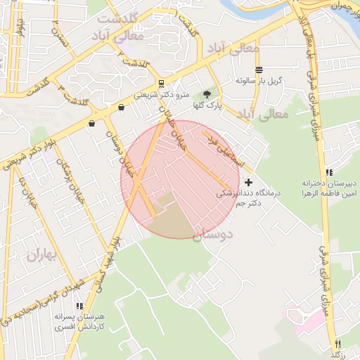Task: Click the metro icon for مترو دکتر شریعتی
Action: coord(162,84)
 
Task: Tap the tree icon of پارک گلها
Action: coord(207,94)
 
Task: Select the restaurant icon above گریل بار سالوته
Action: coord(259,70)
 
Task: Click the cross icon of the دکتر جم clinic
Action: coord(248,182)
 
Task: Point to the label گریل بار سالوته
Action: coord(259,81)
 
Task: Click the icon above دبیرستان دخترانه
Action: coord(328,172)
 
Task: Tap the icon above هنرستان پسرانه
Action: coord(79,307)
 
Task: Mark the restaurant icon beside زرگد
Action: coord(337,344)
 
